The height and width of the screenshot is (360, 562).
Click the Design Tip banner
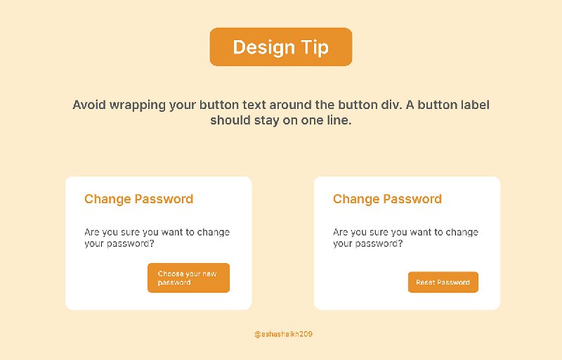[x=280, y=47]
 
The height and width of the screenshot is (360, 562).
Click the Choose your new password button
[x=188, y=278]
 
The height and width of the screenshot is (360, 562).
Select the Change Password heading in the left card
[x=138, y=199]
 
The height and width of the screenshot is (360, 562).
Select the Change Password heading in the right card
[x=387, y=199]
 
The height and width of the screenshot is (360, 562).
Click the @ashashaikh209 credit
[x=283, y=335]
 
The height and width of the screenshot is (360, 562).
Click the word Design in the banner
[x=263, y=47]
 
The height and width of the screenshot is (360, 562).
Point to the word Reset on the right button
[x=425, y=283]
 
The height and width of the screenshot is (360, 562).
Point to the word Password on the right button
[x=453, y=283]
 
